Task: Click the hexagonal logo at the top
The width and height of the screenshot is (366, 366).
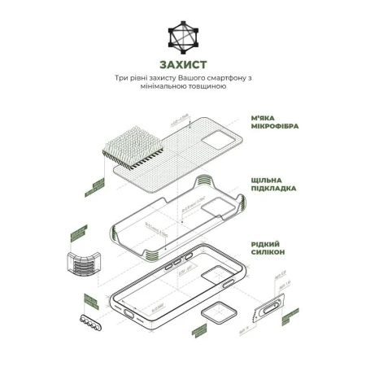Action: point(182,36)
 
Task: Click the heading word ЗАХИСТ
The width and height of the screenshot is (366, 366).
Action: point(182,64)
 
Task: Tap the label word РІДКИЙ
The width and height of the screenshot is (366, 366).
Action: point(268,242)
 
